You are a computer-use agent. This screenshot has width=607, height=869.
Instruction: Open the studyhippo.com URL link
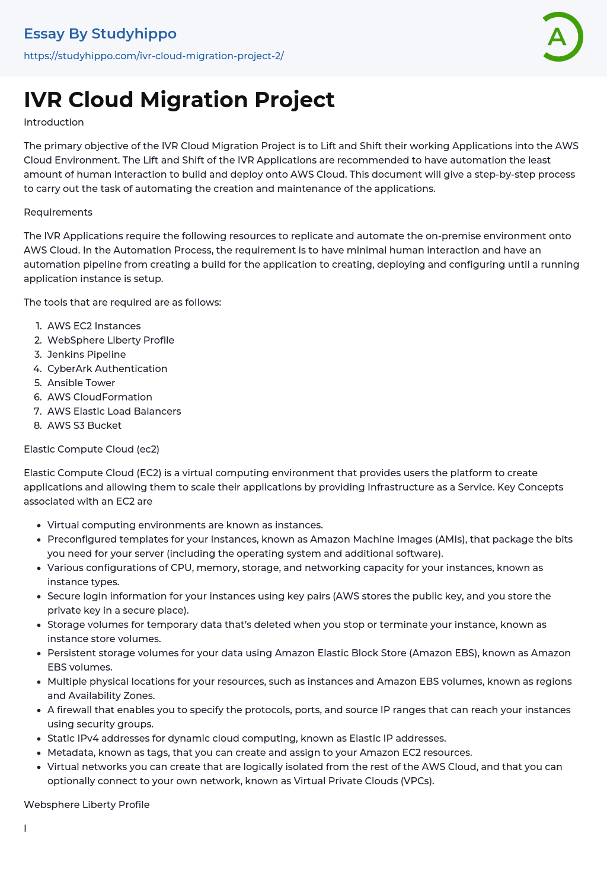pos(154,56)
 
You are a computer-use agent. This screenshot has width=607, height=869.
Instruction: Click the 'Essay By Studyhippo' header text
pos(100,34)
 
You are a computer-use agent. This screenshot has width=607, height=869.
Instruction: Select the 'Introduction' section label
pos(54,122)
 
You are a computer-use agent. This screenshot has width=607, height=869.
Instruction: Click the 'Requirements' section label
pos(58,212)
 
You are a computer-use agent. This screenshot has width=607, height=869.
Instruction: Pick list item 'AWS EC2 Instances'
pos(94,326)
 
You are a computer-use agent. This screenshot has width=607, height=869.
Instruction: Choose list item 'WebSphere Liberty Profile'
pos(111,340)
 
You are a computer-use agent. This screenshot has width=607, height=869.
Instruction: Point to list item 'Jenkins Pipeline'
pos(87,354)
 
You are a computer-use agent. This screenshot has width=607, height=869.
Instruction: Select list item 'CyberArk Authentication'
pos(107,368)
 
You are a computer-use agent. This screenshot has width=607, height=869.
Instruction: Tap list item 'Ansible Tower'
pos(81,383)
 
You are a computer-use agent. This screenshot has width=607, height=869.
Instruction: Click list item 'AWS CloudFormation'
pos(100,397)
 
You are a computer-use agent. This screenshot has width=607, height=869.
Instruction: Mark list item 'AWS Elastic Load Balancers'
pos(114,411)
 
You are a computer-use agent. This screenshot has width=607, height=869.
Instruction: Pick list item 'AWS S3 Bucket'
pos(84,425)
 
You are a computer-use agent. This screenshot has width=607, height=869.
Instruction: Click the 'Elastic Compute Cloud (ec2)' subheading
pos(92,449)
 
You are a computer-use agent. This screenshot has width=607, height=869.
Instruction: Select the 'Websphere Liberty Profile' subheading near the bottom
pos(87,804)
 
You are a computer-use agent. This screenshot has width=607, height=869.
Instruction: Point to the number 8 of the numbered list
pos(37,425)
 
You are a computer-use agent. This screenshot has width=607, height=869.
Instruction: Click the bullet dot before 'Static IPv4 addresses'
pos(39,739)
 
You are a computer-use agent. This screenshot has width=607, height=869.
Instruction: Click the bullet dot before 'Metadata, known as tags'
pos(39,753)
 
